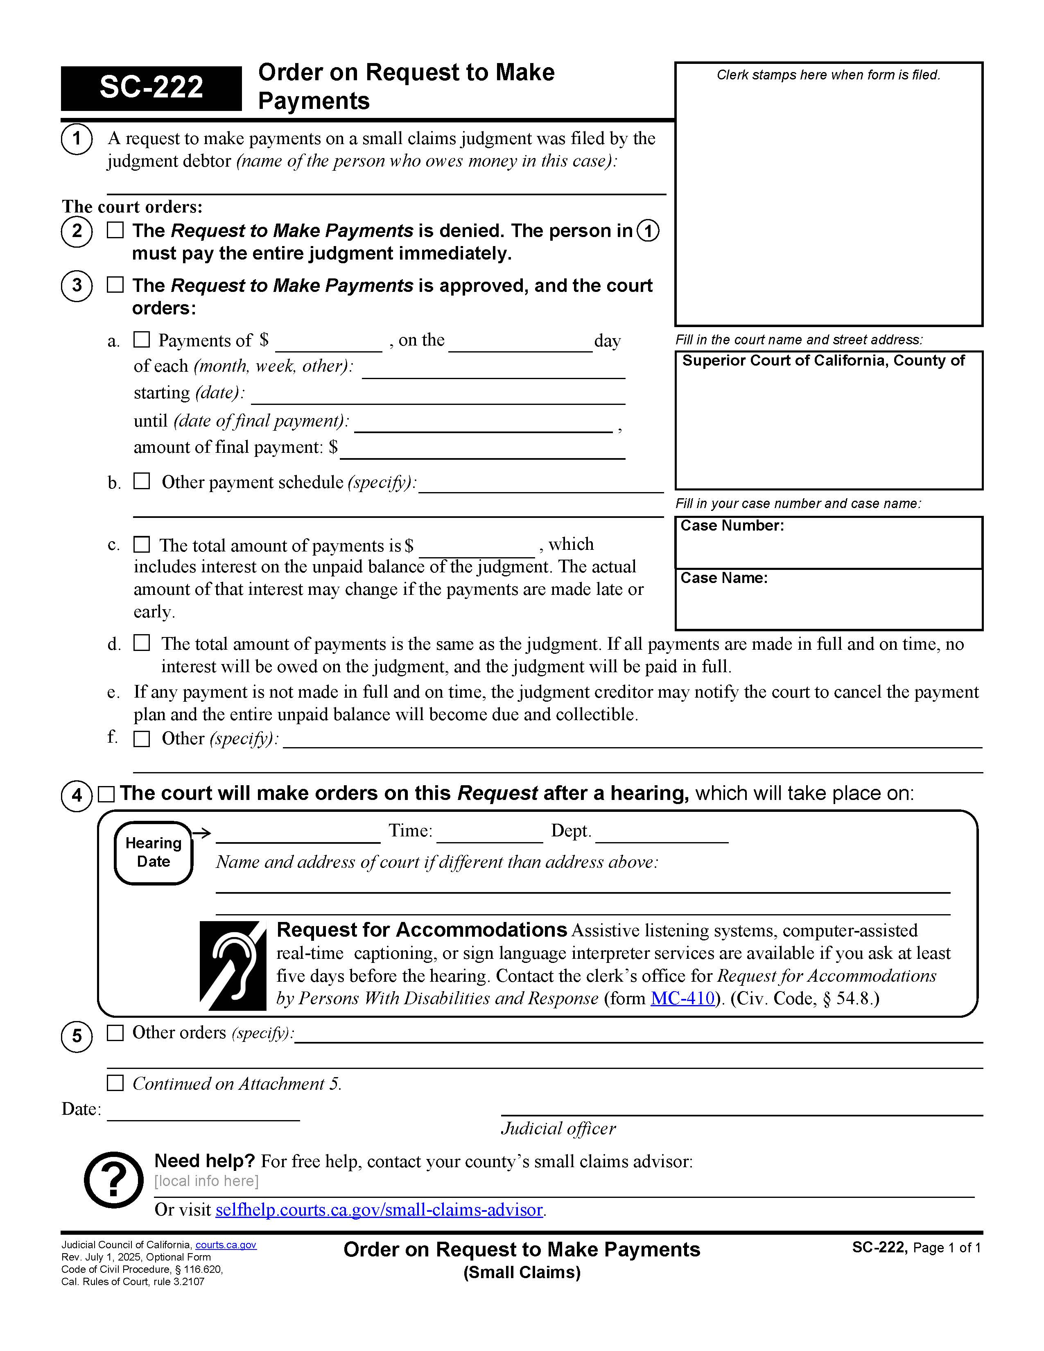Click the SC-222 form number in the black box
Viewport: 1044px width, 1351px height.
click(x=151, y=88)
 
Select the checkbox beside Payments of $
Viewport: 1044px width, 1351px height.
click(x=142, y=340)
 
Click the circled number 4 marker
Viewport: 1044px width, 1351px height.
click(x=77, y=795)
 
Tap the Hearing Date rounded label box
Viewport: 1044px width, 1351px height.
click(x=154, y=852)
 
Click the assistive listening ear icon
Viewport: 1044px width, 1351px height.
click(x=233, y=966)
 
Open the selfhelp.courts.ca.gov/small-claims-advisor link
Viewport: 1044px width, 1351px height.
click(x=379, y=1209)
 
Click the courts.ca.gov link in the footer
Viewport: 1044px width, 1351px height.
click(x=226, y=1245)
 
